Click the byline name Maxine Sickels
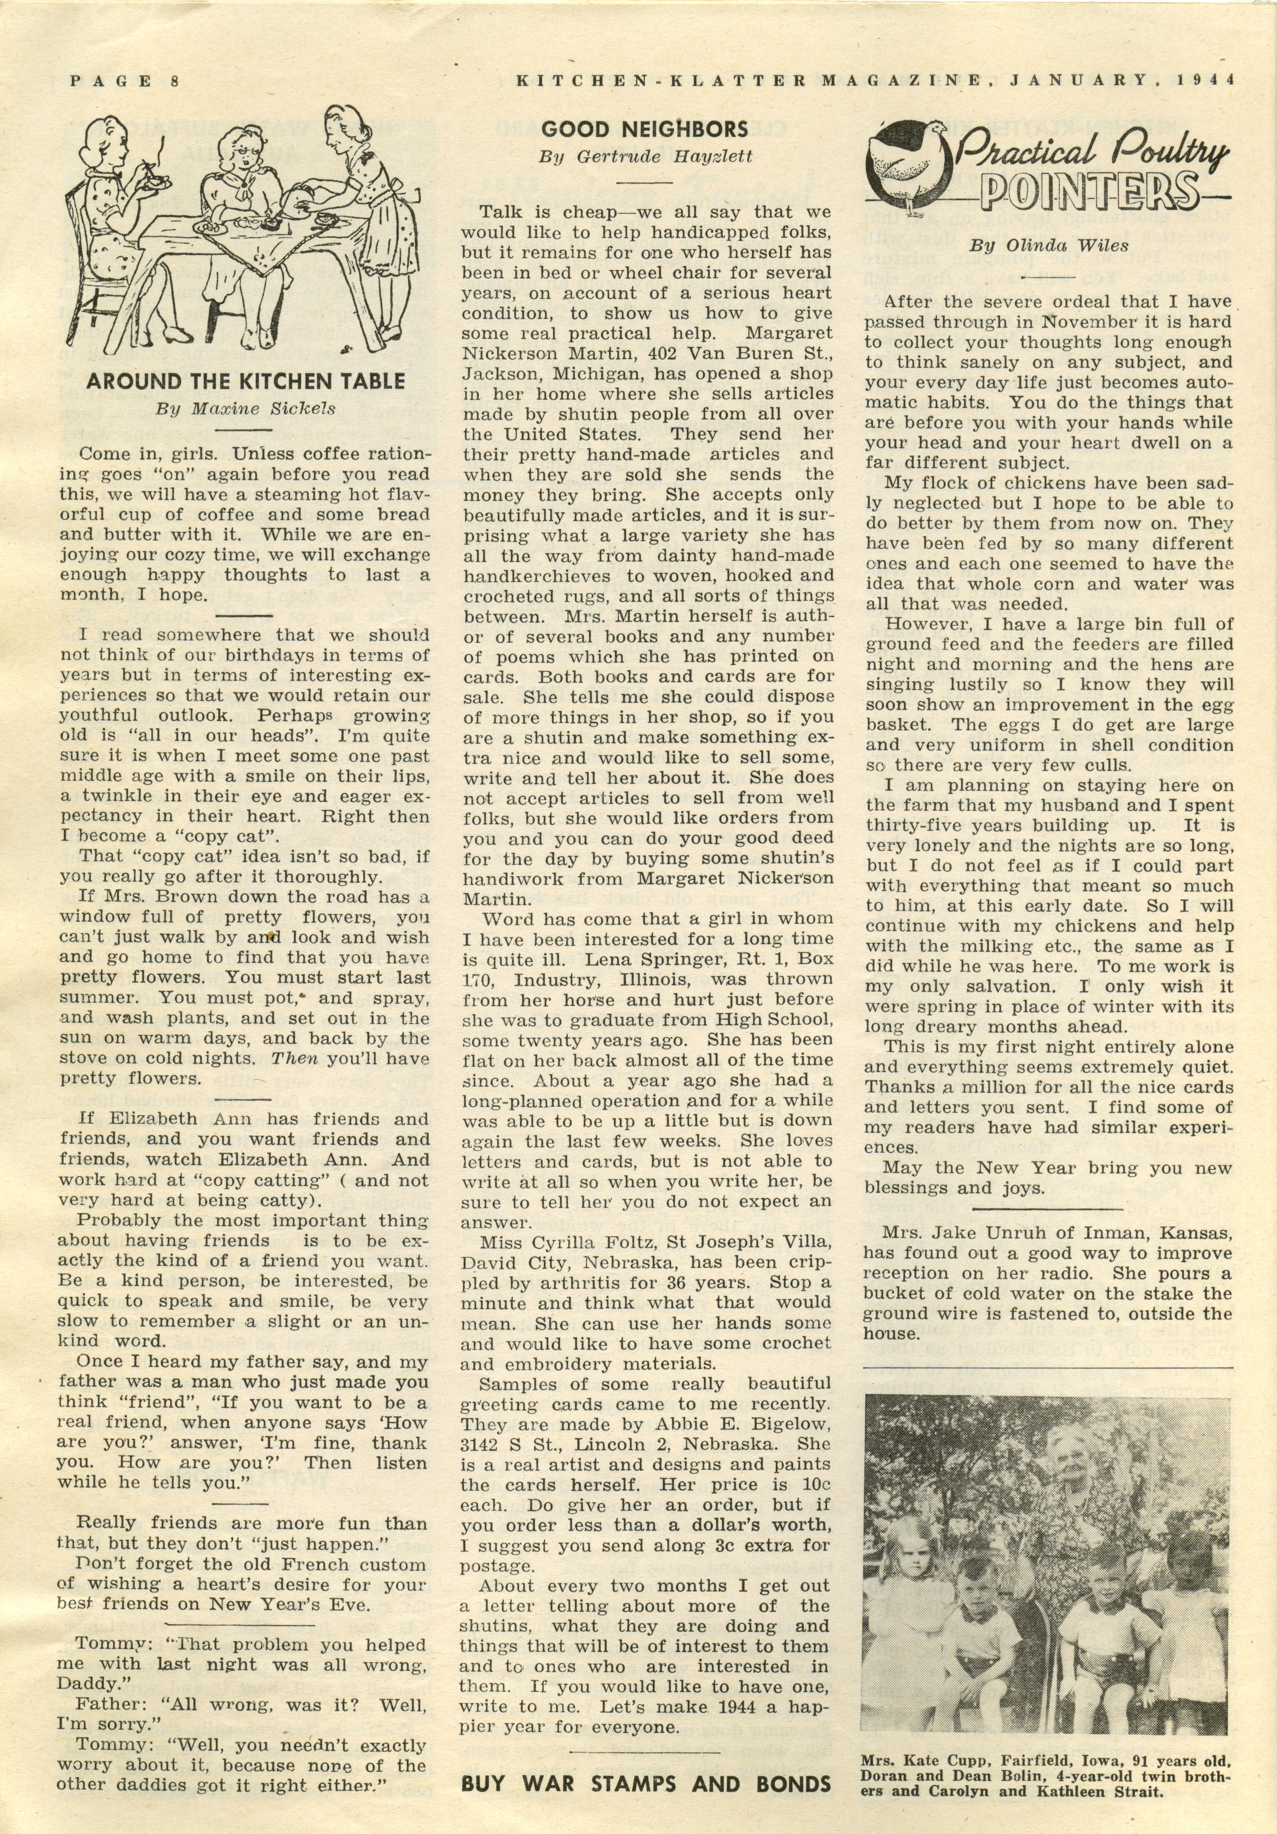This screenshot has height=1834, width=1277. [264, 409]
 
